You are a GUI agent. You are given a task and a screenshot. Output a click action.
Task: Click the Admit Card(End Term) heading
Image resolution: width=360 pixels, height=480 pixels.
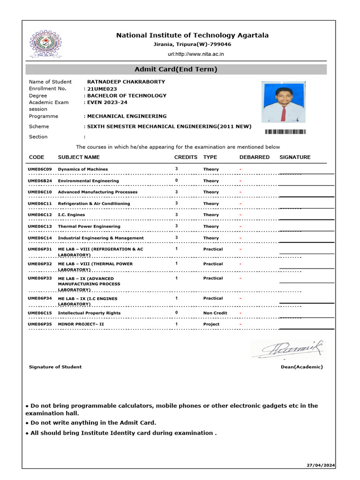point(176,69)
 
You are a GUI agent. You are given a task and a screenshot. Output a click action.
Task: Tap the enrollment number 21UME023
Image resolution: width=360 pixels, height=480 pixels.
point(102,89)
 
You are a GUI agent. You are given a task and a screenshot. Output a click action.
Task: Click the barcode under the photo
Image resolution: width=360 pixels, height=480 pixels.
point(285,132)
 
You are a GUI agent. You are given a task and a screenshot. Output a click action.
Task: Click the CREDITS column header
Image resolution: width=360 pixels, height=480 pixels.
point(186,157)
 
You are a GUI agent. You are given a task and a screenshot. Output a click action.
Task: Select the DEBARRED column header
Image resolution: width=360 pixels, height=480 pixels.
point(254,157)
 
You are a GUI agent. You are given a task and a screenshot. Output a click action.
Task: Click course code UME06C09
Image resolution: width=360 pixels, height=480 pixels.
point(40,169)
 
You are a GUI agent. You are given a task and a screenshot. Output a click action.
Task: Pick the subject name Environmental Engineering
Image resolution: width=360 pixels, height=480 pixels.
point(88,180)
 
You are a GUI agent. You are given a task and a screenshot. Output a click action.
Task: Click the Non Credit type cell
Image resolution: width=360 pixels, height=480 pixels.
point(215,313)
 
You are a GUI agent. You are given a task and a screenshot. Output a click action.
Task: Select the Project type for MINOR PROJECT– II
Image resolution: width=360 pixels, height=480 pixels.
point(211,324)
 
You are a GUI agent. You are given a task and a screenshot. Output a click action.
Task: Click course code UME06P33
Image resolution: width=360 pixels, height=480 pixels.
point(40,278)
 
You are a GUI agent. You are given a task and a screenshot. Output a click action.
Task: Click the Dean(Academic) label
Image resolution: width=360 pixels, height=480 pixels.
point(301,367)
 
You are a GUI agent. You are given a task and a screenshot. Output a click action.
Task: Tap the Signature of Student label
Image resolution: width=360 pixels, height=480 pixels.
point(55,367)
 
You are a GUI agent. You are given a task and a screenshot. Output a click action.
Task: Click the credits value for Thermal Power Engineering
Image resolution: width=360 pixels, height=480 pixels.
point(176,226)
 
